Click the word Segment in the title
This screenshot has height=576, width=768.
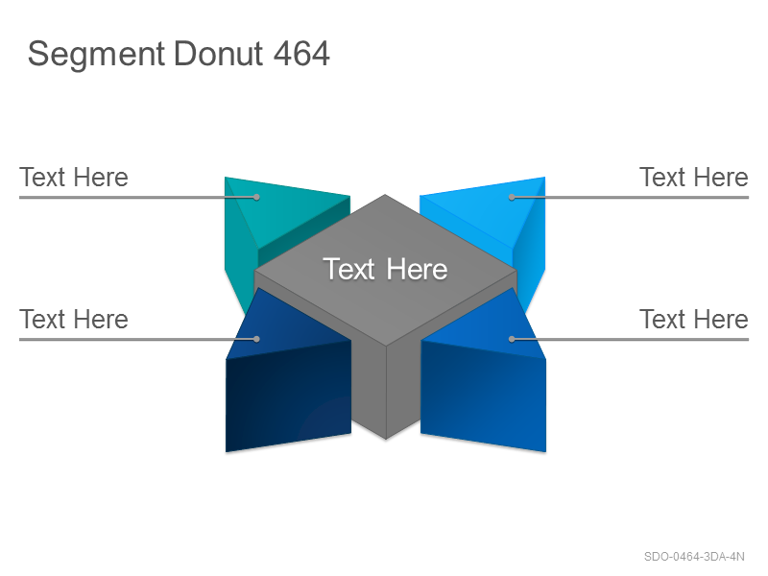pos(96,55)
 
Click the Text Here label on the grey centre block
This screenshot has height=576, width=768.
pos(385,269)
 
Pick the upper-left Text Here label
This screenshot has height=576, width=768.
pos(74,177)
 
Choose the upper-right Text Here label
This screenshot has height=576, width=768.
pos(693,177)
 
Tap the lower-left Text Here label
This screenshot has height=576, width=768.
pos(74,319)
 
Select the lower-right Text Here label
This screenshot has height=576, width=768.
pos(693,319)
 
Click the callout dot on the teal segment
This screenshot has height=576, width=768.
pos(256,198)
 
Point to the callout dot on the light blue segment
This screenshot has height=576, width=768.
pos(512,198)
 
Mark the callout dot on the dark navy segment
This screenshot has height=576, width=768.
pos(256,339)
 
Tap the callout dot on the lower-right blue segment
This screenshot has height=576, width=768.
pos(512,339)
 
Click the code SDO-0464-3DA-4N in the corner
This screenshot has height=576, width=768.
pos(694,557)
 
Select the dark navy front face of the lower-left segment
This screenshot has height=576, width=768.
pos(288,396)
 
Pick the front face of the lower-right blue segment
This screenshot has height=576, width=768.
pos(483,396)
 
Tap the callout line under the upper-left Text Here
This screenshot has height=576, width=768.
pos(137,198)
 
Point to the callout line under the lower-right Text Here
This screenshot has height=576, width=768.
pos(631,339)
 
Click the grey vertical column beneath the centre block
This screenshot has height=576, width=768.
pos(386,387)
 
